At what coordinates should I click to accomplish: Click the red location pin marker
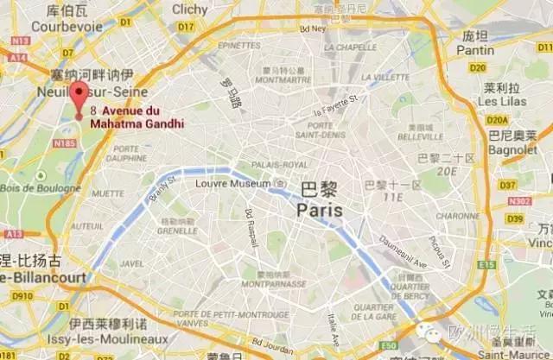[x=79, y=98]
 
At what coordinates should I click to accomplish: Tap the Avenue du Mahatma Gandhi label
[x=143, y=117]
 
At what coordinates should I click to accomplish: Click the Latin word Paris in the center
[x=319, y=210]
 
